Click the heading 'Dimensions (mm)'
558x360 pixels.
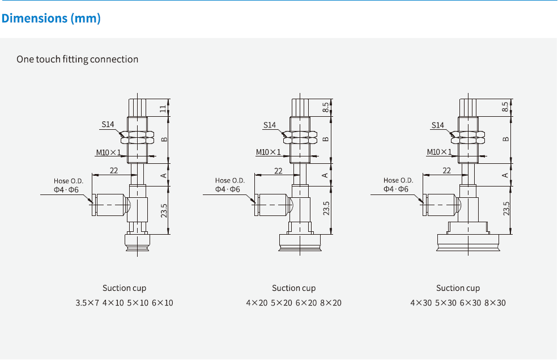click(51, 18)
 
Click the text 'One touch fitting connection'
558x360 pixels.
click(77, 59)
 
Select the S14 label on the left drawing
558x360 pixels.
click(108, 124)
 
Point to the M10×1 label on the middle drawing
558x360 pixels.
click(268, 152)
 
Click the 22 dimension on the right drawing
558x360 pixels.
click(446, 170)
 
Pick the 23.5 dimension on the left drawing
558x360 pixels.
click(164, 209)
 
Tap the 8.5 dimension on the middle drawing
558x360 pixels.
click(326, 107)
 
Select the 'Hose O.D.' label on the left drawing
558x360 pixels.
click(67, 181)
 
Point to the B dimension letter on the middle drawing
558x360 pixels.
click(326, 139)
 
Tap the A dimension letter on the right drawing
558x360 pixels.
click(505, 175)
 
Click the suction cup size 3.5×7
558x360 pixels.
click(87, 303)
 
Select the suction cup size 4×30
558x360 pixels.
click(420, 303)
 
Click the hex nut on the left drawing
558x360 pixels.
click(138, 137)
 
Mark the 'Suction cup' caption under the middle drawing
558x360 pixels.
click(293, 288)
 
